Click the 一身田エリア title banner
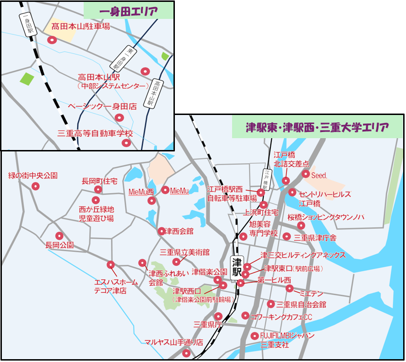pos(129,10)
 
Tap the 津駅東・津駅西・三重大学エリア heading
pos(317,127)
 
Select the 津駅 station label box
pos(237,267)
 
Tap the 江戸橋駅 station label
pos(267,180)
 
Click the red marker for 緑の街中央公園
pos(35,186)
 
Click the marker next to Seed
pos(305,175)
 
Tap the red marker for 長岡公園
pos(60,236)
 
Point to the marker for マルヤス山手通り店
pos(187,353)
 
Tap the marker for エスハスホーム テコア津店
pos(111,265)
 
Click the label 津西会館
pos(179,231)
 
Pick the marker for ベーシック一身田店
pos(120,118)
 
